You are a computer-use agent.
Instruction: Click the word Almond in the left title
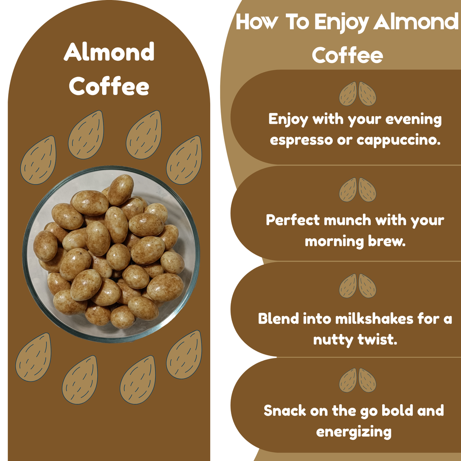coord(109,52)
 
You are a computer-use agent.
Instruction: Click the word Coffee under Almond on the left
coord(109,86)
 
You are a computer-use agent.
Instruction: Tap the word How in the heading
coord(256,23)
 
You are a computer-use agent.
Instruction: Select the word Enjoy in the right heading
coord(341,23)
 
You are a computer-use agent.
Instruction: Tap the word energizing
coord(354,432)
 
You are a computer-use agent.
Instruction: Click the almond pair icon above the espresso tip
coord(357,94)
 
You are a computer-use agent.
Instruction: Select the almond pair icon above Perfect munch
coord(357,190)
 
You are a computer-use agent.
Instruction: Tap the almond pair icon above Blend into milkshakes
coord(357,285)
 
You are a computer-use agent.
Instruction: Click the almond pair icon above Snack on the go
coord(357,380)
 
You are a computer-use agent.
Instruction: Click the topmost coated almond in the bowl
coord(121,189)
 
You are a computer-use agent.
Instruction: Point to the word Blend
coord(278,319)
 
